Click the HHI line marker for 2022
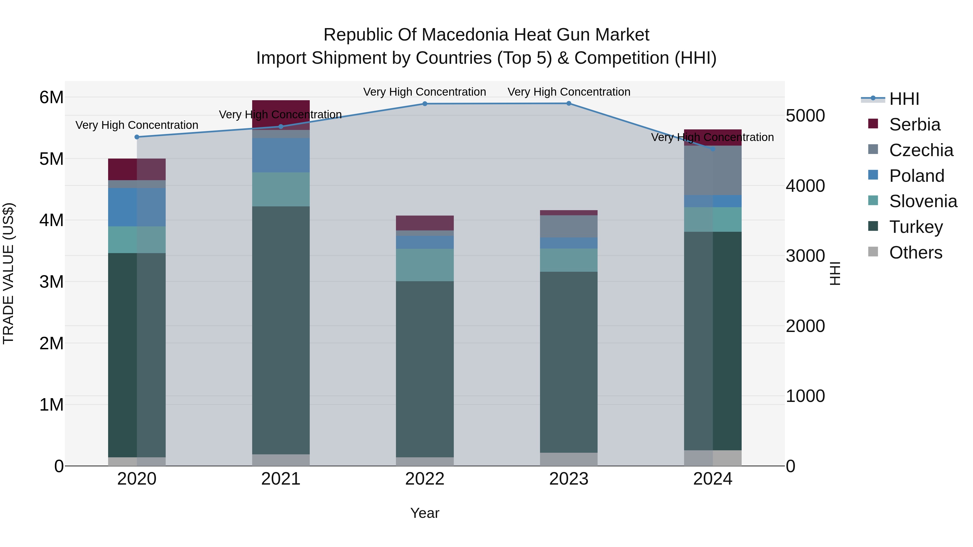[x=425, y=104]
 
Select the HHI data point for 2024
[x=712, y=149]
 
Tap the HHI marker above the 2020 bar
[x=137, y=137]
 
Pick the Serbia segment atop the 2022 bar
[x=425, y=223]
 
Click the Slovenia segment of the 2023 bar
[x=568, y=260]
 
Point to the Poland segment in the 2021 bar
[x=281, y=155]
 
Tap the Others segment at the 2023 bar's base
[x=568, y=459]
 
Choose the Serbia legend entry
[x=914, y=125]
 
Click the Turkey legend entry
[x=916, y=227]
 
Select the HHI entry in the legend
[x=904, y=99]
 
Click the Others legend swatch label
[x=916, y=253]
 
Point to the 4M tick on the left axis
[x=51, y=220]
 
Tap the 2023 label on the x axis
[x=568, y=479]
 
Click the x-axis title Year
[x=425, y=513]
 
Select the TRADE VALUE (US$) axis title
[x=8, y=274]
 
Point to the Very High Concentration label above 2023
[x=568, y=92]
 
